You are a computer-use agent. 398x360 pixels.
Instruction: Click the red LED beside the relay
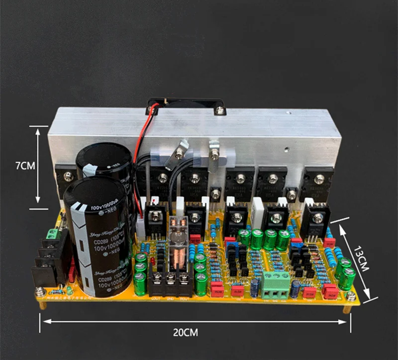(x=195, y=238)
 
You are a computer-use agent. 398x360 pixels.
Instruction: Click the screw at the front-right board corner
(x=351, y=297)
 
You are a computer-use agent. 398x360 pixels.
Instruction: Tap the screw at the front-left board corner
(x=39, y=293)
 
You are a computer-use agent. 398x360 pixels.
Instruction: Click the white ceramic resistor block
(x=259, y=208)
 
